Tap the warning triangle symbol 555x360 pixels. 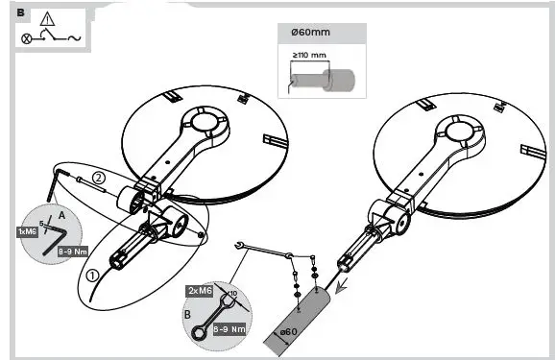pos(48,19)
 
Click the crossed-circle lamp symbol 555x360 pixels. pos(28,40)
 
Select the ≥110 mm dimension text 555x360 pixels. pos(309,55)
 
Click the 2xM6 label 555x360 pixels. pos(201,290)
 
